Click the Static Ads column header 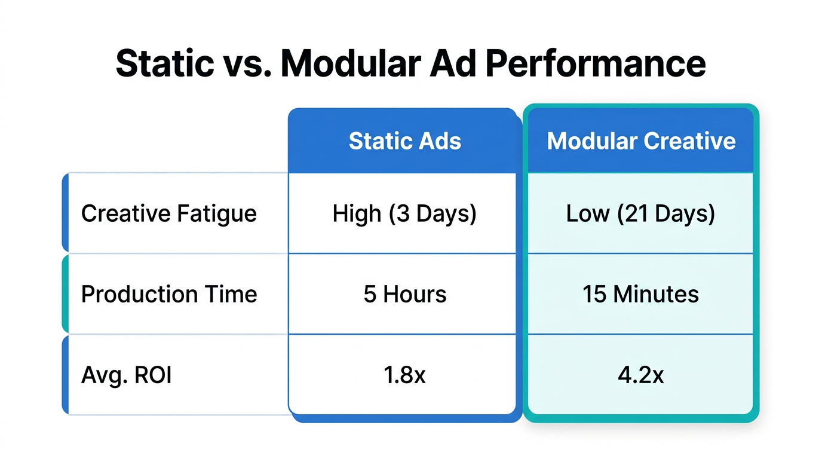(404, 141)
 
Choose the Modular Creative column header (641, 141)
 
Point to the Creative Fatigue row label (168, 213)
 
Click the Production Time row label (168, 294)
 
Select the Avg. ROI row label (126, 375)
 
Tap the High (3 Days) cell (404, 213)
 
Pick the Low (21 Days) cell (640, 213)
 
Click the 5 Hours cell (404, 294)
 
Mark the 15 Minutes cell (640, 294)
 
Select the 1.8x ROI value (404, 375)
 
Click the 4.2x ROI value (640, 375)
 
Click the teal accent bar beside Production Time (65, 293)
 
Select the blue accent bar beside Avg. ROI (65, 375)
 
